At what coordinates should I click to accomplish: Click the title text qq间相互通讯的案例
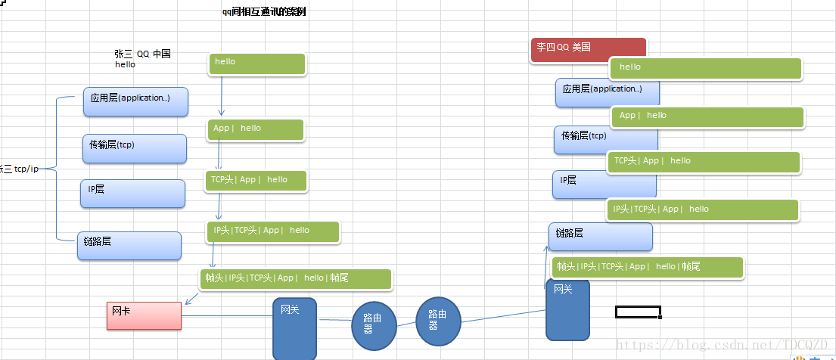[259, 12]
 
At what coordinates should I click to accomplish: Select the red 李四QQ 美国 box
[589, 48]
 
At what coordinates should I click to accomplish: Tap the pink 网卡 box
[144, 315]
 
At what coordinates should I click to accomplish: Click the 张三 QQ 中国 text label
[142, 54]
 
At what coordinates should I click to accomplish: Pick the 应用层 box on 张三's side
[135, 101]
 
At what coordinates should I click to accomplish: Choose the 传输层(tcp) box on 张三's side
[134, 148]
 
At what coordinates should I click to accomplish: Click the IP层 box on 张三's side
[132, 194]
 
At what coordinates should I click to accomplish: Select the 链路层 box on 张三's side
[129, 246]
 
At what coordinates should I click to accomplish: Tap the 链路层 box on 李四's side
[600, 237]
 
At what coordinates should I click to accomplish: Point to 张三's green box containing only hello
[257, 64]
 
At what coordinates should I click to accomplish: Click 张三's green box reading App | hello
[256, 129]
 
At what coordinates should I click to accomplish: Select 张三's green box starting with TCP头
[256, 180]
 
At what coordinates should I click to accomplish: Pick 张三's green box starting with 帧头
[296, 278]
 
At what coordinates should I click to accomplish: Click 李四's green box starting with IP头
[702, 209]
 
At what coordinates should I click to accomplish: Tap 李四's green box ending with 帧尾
[647, 267]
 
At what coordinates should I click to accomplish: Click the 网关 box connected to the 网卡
[294, 328]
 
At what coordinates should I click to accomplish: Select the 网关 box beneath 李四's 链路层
[567, 309]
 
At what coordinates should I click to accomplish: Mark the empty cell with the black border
[638, 312]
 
